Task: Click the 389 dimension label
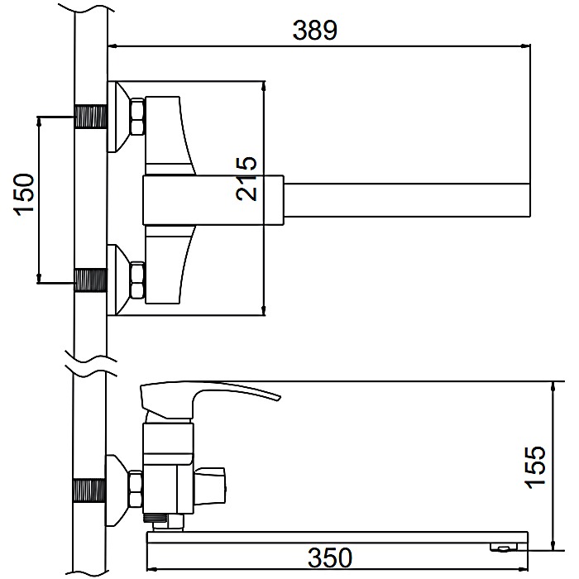[314, 31]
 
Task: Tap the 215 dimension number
[246, 179]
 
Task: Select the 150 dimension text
[24, 194]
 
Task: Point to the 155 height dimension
[535, 467]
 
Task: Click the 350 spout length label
[330, 557]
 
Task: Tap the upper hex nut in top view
[137, 116]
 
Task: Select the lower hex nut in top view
[137, 280]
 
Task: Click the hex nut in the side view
[136, 490]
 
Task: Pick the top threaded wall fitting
[90, 117]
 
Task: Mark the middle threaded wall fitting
[90, 280]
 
